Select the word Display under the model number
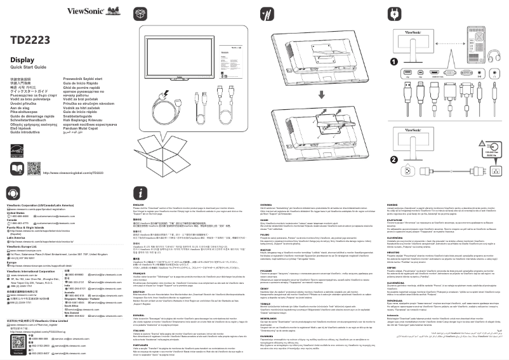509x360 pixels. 22,59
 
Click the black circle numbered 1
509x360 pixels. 393,62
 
